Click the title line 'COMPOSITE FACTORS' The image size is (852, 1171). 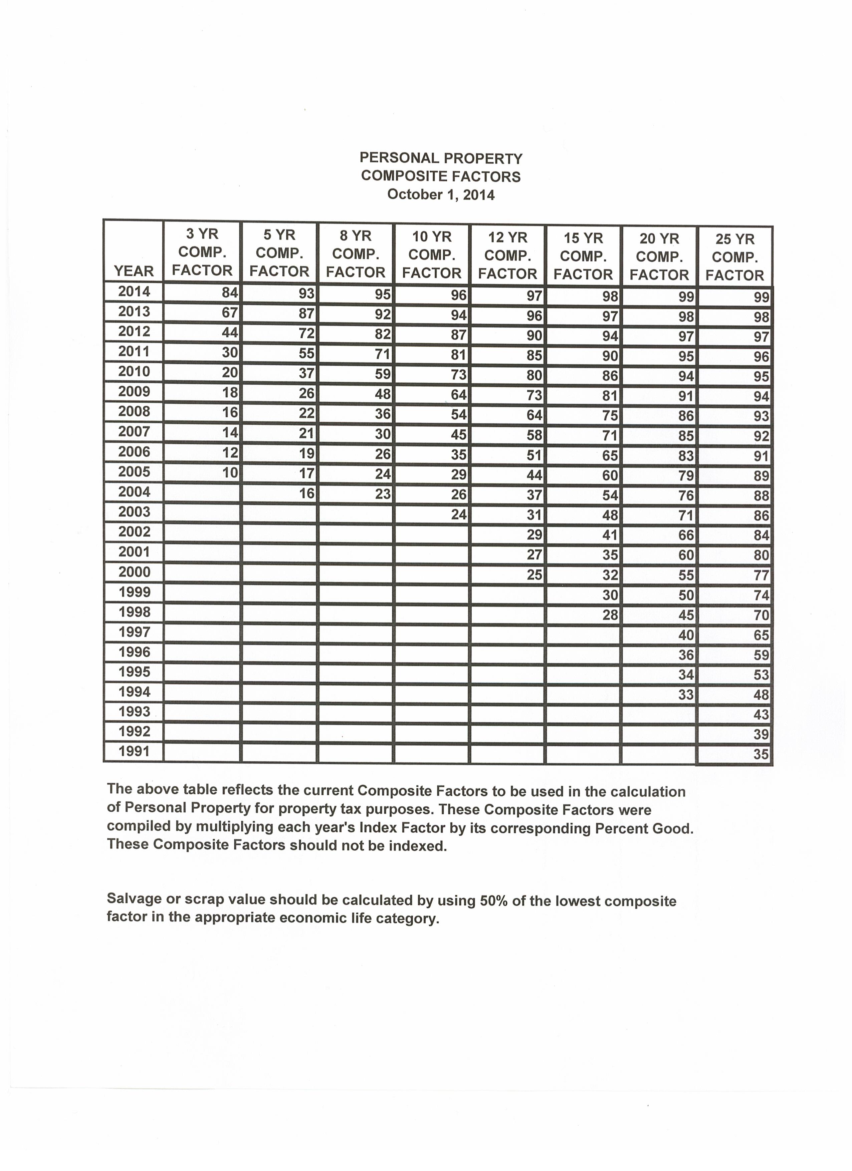[x=441, y=176]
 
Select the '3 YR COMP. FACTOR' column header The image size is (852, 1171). [x=202, y=253]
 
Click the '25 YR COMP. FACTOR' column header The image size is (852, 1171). [x=735, y=257]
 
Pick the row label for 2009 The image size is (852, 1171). [x=134, y=391]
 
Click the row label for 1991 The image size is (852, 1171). [x=134, y=751]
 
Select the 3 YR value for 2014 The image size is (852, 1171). [x=229, y=293]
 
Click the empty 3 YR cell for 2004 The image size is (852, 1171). [x=202, y=492]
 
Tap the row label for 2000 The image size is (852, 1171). [x=134, y=571]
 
